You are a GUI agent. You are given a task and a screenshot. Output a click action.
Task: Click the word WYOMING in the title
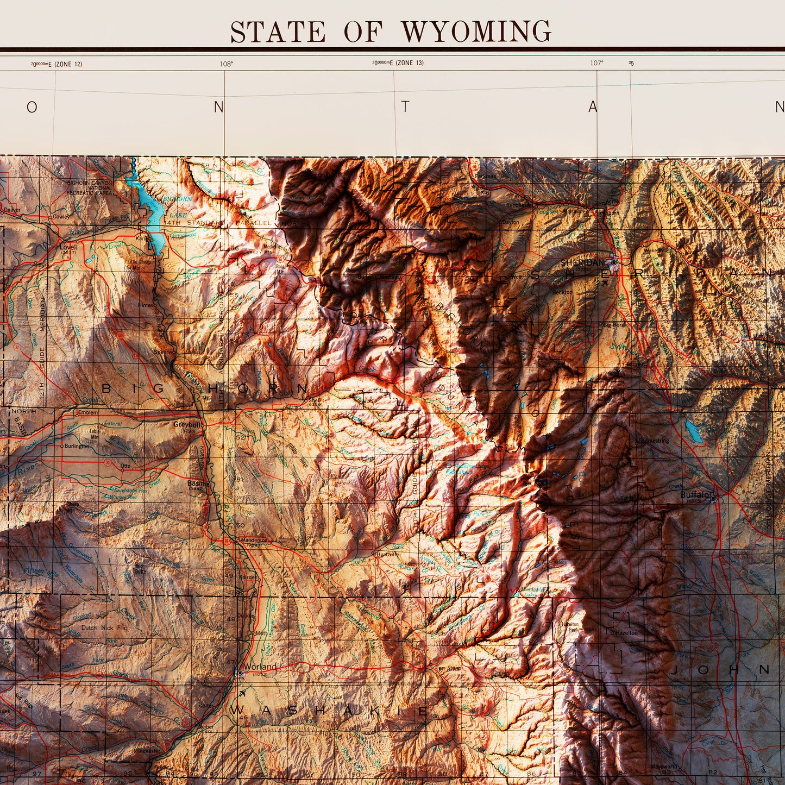pos(476,32)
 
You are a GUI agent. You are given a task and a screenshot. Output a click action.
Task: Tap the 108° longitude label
pos(226,64)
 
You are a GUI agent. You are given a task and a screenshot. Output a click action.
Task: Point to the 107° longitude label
pos(596,63)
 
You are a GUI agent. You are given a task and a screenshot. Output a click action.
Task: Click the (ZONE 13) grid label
pos(409,63)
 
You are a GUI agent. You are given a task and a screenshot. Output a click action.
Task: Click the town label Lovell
pos(68,247)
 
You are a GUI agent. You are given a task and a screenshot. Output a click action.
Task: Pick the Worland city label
pos(260,667)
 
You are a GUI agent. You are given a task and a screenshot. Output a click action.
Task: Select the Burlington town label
pos(76,446)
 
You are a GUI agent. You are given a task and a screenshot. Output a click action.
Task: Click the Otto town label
pos(125,466)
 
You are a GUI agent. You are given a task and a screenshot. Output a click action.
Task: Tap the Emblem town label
pos(88,412)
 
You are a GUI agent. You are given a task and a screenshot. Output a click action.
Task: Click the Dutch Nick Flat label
pos(104,627)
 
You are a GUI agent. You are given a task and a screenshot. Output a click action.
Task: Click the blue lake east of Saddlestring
pos(692,431)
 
